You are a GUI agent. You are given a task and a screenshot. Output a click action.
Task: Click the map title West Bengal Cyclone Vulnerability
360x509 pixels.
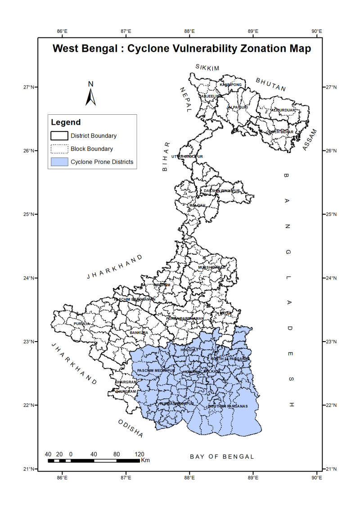(182, 49)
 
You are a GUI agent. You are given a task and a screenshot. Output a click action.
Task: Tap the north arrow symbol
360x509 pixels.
(91, 95)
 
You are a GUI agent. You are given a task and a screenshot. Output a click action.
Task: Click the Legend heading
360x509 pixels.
(66, 122)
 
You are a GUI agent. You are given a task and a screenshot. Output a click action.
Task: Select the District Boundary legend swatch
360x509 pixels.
(58, 135)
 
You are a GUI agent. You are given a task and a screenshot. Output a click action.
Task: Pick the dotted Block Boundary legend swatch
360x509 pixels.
(58, 149)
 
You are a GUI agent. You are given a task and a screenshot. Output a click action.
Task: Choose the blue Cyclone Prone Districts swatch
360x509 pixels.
(58, 162)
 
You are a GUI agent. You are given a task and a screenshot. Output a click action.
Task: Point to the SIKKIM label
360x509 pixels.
(207, 68)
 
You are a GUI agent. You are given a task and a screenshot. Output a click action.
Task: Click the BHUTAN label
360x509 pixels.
(270, 84)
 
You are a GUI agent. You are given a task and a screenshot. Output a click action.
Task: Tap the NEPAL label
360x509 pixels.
(185, 100)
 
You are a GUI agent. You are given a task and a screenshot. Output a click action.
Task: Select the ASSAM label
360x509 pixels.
(310, 140)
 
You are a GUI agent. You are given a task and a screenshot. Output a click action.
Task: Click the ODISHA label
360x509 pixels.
(130, 428)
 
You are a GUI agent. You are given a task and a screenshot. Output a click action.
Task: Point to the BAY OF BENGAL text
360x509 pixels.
(222, 456)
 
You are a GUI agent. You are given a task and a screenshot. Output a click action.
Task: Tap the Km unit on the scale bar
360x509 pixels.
(145, 460)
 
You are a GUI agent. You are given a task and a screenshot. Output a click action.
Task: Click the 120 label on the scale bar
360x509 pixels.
(139, 454)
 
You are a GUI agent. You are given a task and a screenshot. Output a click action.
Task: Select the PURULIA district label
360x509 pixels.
(82, 324)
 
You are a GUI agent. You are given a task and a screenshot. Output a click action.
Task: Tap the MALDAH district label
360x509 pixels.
(197, 205)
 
